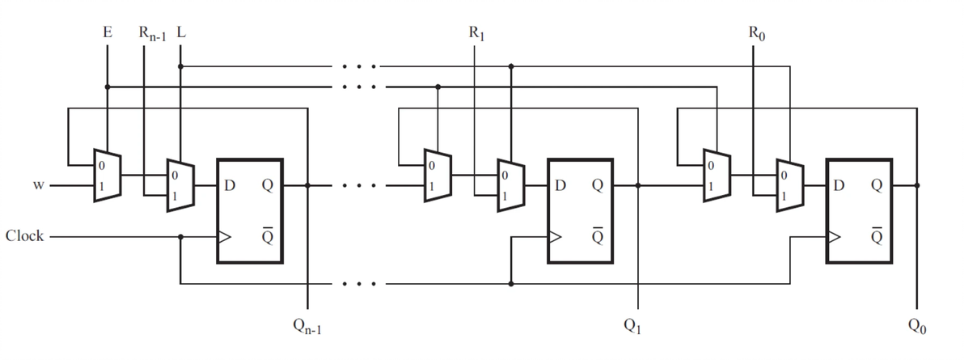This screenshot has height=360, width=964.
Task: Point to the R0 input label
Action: point(754,35)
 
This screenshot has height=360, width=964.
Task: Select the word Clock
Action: point(24,236)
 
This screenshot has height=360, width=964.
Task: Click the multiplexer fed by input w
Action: point(107,176)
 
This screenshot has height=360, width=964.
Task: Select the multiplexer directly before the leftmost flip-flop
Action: point(180,185)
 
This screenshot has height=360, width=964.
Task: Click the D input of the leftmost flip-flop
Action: point(230,186)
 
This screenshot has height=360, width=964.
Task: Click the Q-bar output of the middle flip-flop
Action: point(597,235)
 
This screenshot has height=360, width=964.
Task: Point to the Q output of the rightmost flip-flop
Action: point(875,186)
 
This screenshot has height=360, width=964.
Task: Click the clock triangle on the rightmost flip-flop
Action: point(834,238)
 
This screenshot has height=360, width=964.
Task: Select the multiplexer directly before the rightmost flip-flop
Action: point(789,185)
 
